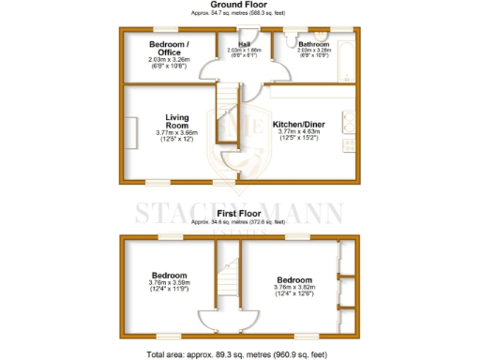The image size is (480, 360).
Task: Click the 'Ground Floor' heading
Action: click(240, 5)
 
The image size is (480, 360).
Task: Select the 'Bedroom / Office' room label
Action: click(170, 48)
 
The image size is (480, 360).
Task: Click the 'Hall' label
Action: click(244, 43)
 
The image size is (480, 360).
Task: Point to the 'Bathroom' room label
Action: click(313, 44)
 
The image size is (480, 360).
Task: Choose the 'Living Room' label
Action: click(177, 121)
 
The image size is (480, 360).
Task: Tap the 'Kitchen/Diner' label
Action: click(299, 125)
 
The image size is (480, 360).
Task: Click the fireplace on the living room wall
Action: click(132, 126)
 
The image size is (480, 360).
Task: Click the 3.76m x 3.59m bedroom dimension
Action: click(170, 283)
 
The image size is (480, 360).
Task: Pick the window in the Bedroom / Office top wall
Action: click(169, 28)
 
